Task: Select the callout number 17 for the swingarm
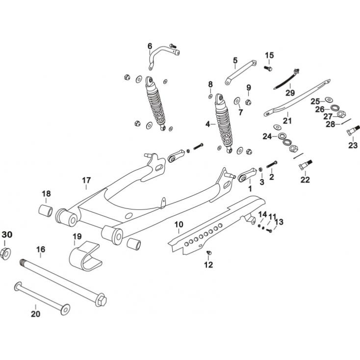coord(86,180)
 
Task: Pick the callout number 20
coord(35,314)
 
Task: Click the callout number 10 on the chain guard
coord(179,224)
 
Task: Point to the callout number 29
coord(290,93)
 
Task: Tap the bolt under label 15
coord(268,68)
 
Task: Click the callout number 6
coord(150,46)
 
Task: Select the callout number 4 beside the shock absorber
coord(208,124)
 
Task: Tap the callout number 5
coord(235,60)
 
